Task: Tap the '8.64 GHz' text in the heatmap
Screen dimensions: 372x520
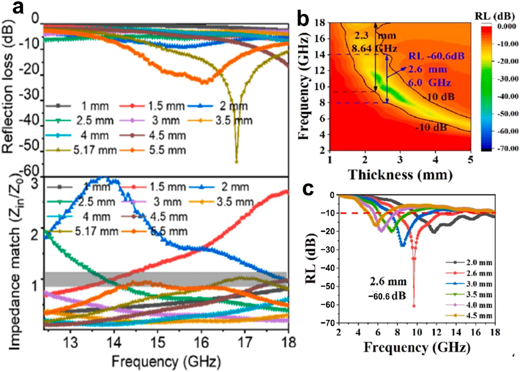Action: click(x=375, y=49)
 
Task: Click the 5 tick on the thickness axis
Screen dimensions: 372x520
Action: click(x=470, y=160)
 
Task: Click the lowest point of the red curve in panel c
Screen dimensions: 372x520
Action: click(x=414, y=306)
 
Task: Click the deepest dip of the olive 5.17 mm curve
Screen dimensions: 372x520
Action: click(x=237, y=161)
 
